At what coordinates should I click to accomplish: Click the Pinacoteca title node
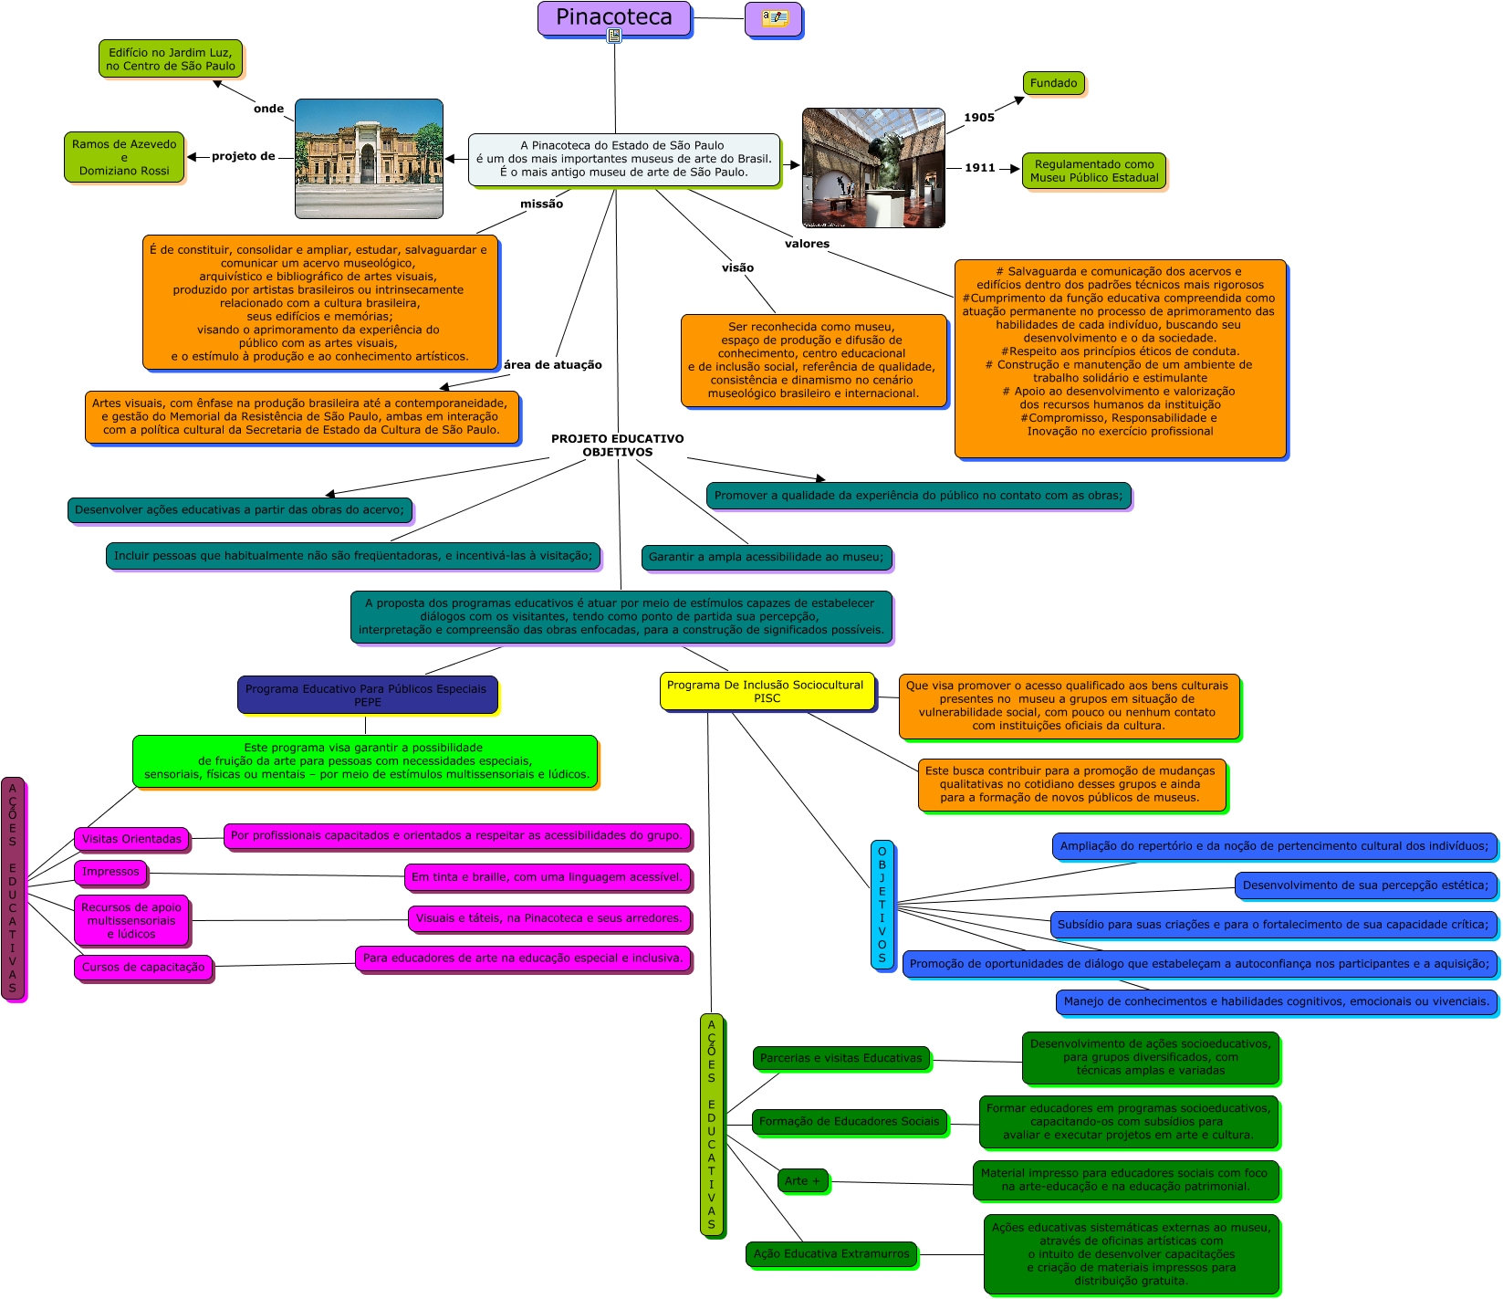coord(613,18)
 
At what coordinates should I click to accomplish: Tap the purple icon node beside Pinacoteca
coord(773,18)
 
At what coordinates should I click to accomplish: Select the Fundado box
coord(1053,83)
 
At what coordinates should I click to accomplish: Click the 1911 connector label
coord(979,168)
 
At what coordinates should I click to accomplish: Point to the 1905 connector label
coord(978,117)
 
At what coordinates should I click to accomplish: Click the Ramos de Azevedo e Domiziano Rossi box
coord(124,157)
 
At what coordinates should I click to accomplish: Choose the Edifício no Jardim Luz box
coord(171,58)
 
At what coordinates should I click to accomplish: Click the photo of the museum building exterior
coord(369,159)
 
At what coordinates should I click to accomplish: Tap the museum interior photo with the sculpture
coord(873,168)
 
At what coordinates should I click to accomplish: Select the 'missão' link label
coord(541,204)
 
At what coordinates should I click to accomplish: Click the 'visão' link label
coord(737,267)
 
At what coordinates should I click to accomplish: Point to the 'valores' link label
coord(807,244)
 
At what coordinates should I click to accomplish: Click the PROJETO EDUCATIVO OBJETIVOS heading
coord(617,445)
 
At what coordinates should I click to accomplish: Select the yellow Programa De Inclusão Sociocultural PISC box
coord(767,691)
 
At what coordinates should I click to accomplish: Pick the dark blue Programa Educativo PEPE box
coord(367,695)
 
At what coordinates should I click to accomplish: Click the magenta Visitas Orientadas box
coord(131,839)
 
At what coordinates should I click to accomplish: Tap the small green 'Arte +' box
coord(802,1180)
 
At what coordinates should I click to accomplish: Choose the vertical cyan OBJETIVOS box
coord(882,904)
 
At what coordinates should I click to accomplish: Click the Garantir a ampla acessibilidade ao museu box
coord(766,557)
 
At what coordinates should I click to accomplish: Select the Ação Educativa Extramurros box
coord(831,1253)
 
